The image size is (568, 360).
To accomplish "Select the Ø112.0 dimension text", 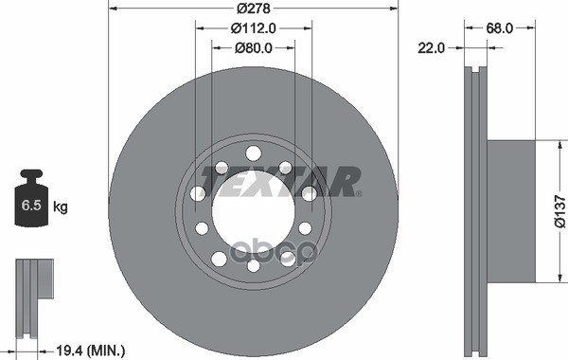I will click(255, 28).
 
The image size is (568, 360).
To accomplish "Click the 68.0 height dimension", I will click(499, 28).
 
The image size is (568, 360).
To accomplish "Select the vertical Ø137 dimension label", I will click(559, 212).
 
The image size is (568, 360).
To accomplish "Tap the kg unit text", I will click(60, 206).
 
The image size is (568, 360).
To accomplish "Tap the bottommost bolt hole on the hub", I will click(254, 266).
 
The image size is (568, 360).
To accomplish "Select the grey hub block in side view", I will click(510, 210).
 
